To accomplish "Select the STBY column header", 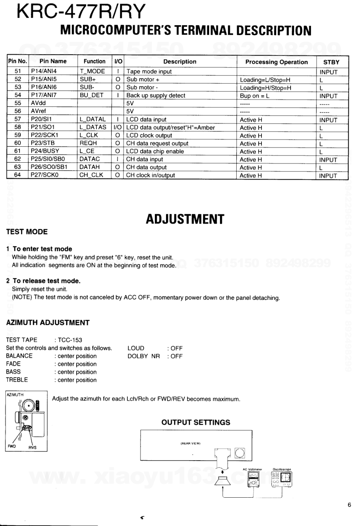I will [x=331, y=62].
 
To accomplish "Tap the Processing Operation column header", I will [x=277, y=62].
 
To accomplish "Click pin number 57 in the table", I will [x=17, y=120].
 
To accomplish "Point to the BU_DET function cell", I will [x=91, y=96].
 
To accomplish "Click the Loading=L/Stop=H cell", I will [x=265, y=80].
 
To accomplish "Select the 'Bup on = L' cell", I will [x=255, y=96].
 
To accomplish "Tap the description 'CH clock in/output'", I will [x=150, y=175].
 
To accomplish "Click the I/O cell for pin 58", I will [x=118, y=128].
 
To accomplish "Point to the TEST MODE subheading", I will [x=27, y=232].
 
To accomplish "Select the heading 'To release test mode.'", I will [x=47, y=281].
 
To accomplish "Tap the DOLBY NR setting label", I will [x=144, y=356].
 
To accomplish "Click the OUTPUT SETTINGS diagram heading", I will [x=196, y=422].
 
